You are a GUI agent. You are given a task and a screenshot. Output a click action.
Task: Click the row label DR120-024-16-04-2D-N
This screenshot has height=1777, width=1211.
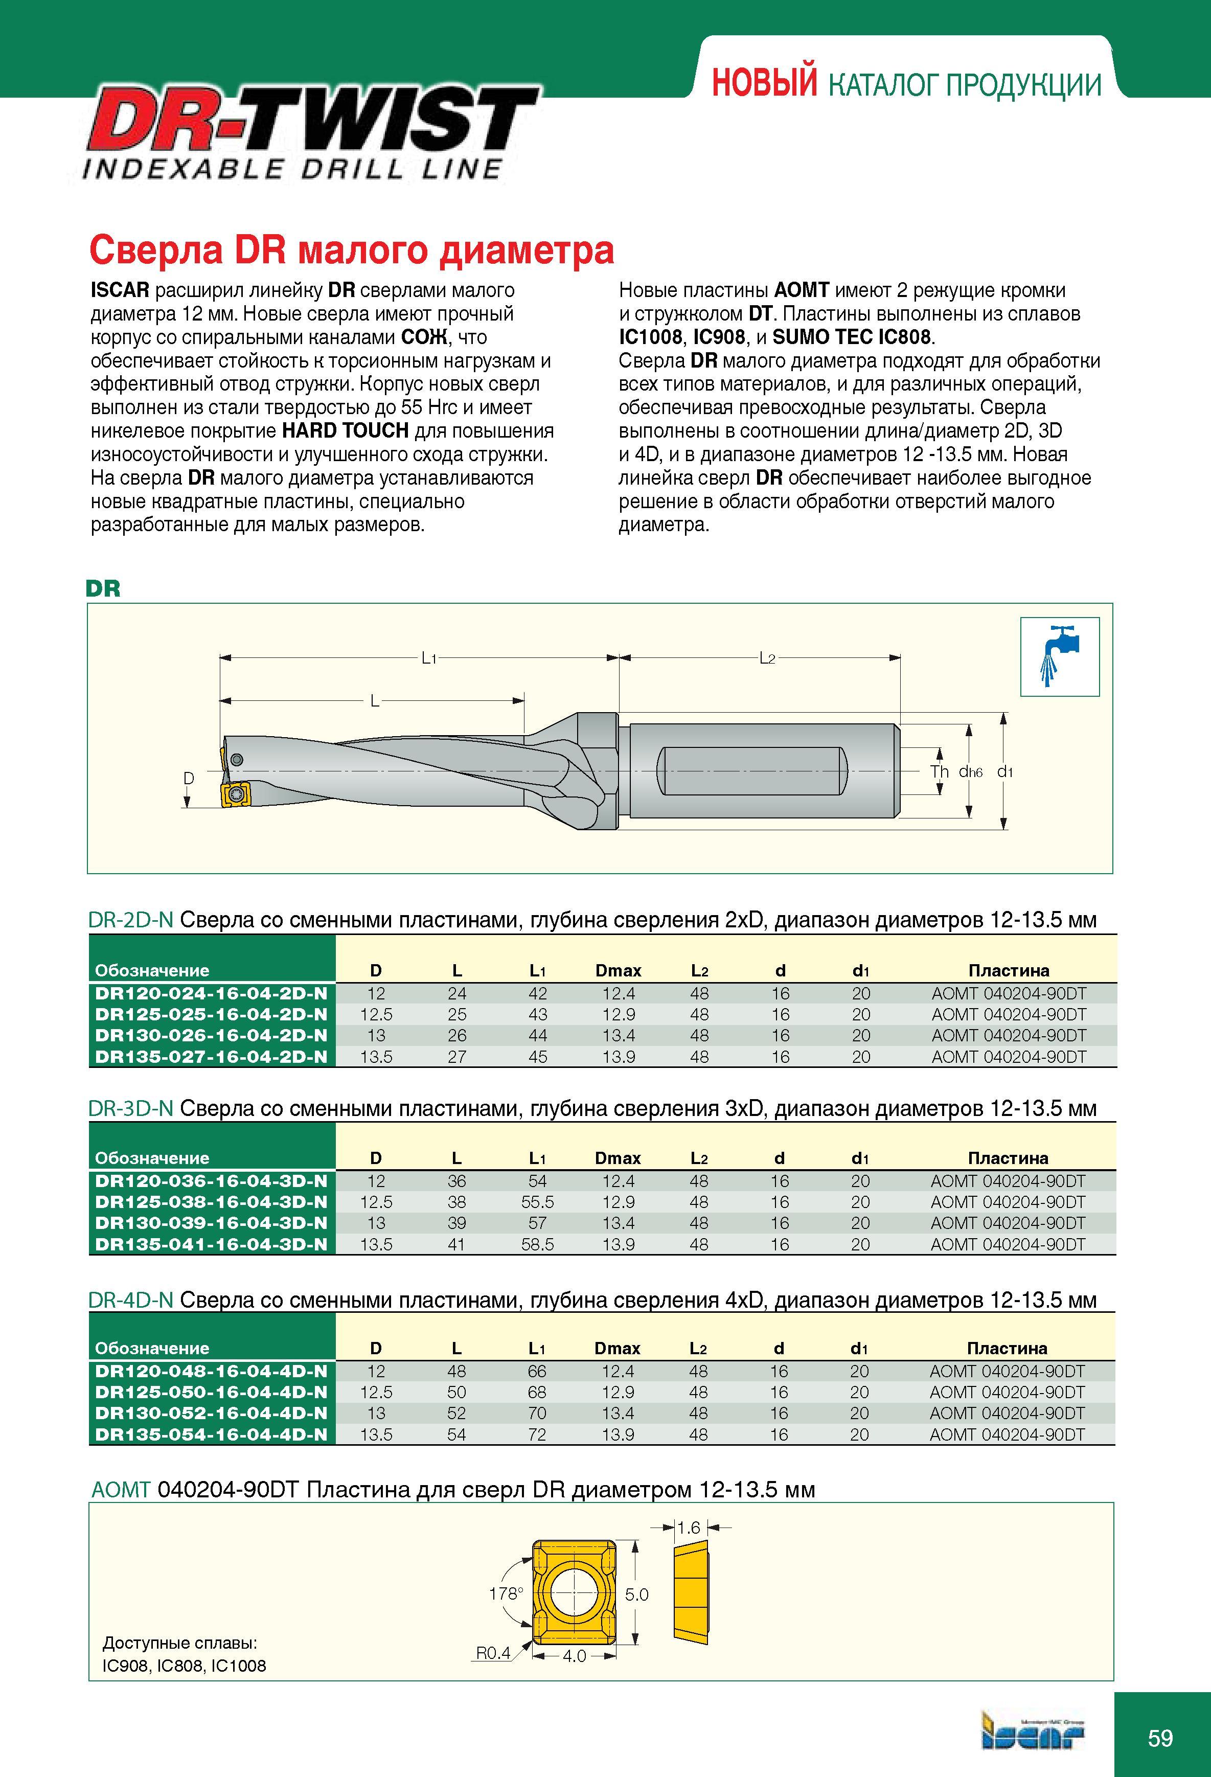[x=211, y=993]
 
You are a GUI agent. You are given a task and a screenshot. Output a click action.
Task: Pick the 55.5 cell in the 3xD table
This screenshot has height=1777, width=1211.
[x=537, y=1202]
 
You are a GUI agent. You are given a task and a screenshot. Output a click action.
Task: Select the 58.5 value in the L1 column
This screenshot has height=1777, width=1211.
[x=537, y=1244]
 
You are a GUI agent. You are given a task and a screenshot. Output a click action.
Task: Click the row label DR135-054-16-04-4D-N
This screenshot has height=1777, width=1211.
[x=211, y=1434]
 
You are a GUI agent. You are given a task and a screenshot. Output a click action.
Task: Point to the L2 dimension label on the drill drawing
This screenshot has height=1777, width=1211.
[x=767, y=657]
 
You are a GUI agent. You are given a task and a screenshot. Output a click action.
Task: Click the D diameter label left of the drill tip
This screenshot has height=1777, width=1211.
[x=188, y=778]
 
